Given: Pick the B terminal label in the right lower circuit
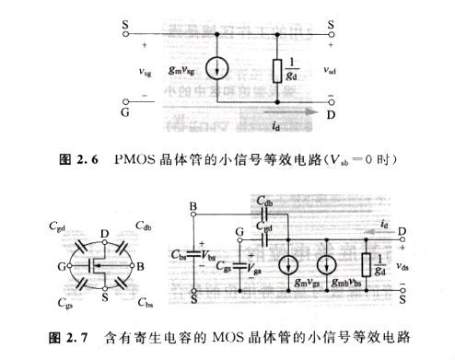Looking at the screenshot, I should click(192, 206).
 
